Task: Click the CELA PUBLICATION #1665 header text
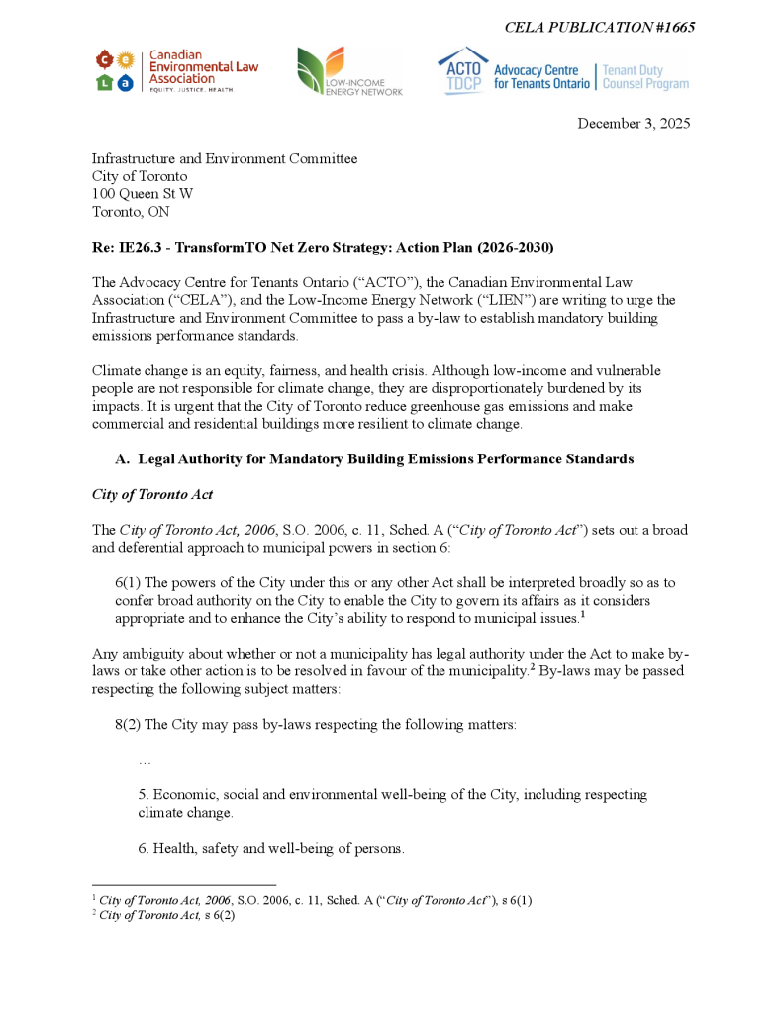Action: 599,27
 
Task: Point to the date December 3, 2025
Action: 634,124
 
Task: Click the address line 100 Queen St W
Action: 143,194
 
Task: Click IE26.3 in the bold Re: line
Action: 138,247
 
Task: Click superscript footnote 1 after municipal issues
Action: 583,615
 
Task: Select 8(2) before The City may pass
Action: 128,725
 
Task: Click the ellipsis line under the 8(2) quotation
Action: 145,760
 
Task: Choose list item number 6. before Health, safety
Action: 144,849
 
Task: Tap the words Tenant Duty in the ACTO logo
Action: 633,71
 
